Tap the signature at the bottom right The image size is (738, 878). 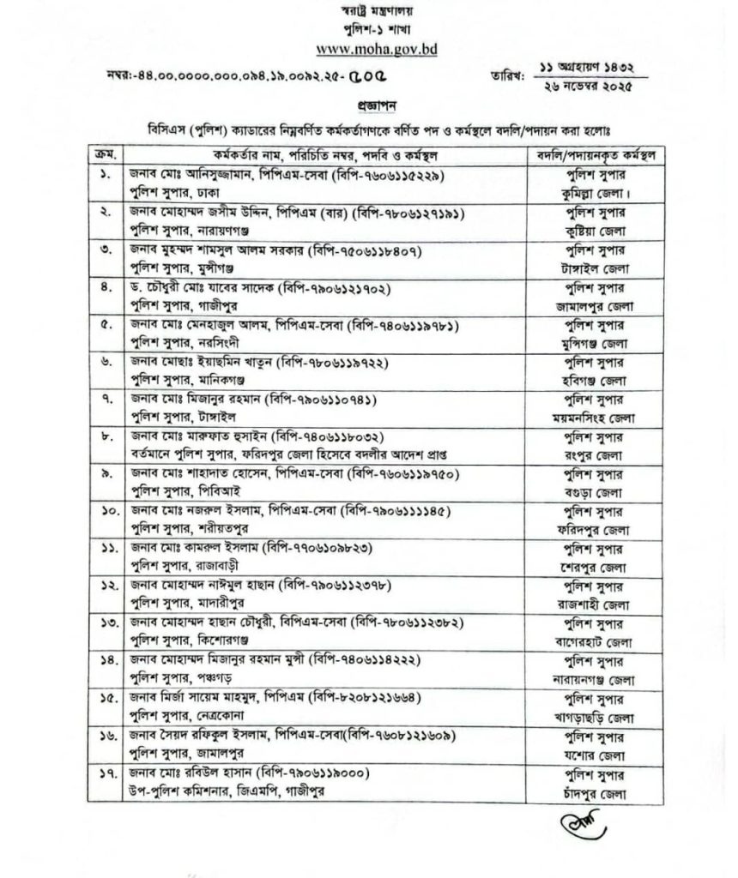point(583,825)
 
